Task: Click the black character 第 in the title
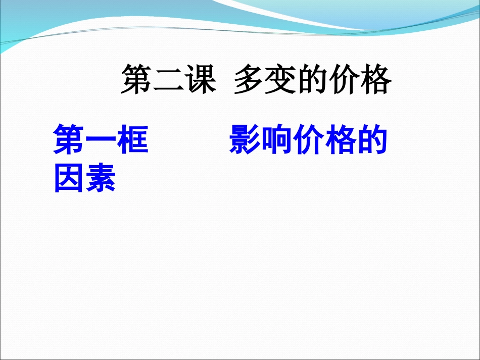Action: click(x=136, y=80)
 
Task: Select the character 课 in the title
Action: click(x=200, y=80)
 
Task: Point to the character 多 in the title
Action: click(x=249, y=80)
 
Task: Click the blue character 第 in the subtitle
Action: click(x=69, y=140)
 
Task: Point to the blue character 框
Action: click(x=132, y=140)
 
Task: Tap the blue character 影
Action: click(x=245, y=140)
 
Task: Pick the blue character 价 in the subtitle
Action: click(x=308, y=140)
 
